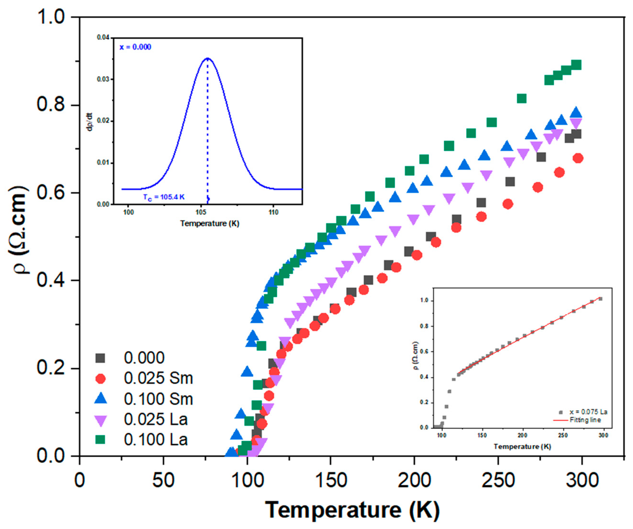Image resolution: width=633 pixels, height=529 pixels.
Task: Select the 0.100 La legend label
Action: coord(155,440)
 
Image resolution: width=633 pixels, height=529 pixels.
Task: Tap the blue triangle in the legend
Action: coord(100,399)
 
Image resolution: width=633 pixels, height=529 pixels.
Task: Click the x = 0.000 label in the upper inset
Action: coord(135,47)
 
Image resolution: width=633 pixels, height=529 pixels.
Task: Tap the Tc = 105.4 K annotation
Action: coord(164,198)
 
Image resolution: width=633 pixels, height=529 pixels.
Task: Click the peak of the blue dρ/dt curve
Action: coord(207,59)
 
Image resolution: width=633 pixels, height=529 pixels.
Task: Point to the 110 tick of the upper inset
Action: coord(273,212)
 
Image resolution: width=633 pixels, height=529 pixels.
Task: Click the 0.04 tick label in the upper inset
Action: coord(103,38)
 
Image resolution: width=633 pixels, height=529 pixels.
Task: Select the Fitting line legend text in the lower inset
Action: coord(585,420)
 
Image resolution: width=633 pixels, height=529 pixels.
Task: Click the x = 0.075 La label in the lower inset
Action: coord(588,412)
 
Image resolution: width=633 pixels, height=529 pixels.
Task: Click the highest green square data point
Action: coord(576,65)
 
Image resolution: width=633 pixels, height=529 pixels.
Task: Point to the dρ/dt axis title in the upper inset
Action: coord(90,122)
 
